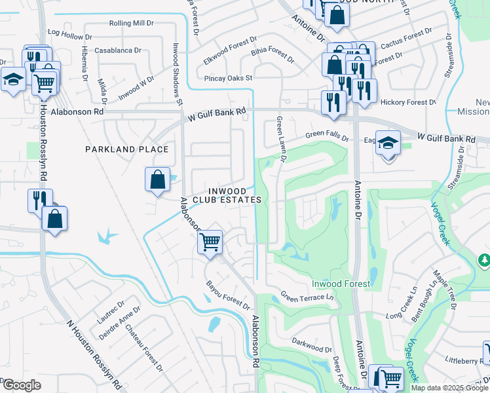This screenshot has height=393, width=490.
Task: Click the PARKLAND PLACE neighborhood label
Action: [x=127, y=149]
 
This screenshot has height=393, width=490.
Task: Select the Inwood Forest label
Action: [x=341, y=284]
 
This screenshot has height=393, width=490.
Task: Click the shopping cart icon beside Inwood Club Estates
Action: [x=210, y=242]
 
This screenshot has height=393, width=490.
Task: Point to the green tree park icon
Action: [x=484, y=261]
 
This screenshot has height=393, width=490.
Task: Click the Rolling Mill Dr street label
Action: [x=130, y=23]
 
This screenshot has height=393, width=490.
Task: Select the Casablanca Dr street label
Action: [x=118, y=50]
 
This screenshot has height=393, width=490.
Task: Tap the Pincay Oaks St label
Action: [x=222, y=77]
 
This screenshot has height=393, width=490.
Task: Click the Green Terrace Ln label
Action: [x=307, y=297]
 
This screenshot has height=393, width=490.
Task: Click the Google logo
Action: [x=21, y=384]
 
